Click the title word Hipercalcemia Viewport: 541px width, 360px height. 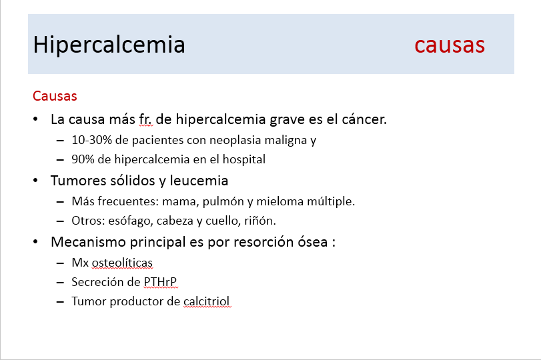point(109,45)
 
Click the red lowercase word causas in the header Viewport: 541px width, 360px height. point(450,46)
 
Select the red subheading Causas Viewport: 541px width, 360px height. point(55,96)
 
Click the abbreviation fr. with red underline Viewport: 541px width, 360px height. point(145,119)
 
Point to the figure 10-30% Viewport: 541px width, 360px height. point(92,140)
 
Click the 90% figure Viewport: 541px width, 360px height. point(83,159)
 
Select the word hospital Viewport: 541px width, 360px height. point(244,159)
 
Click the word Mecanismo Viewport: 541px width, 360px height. point(91,242)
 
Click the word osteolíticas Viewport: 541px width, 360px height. point(122,263)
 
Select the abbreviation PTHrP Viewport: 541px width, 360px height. point(160,282)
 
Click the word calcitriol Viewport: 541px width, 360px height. point(206,301)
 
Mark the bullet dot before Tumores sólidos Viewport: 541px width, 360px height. point(35,181)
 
